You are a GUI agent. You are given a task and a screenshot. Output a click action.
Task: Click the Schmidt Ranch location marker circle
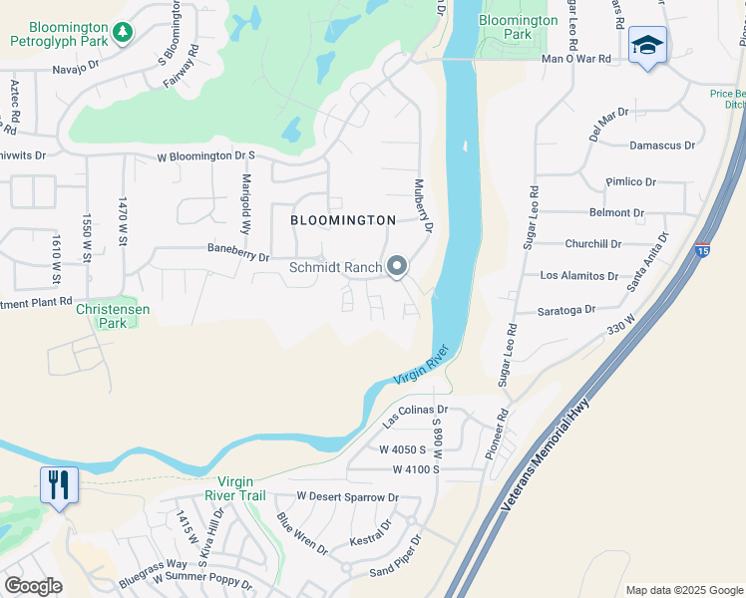click(x=397, y=266)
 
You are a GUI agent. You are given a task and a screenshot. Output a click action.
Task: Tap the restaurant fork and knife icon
click(x=58, y=485)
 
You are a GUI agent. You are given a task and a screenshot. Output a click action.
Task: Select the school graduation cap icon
click(x=647, y=46)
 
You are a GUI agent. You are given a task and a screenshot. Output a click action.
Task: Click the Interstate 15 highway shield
click(x=703, y=251)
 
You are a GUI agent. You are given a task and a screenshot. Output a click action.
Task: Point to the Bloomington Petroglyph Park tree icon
click(x=123, y=33)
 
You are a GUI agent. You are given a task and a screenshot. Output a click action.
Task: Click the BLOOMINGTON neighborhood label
click(x=343, y=219)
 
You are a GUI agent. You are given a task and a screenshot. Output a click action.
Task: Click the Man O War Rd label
click(x=575, y=59)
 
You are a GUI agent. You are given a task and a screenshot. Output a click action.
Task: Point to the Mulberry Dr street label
click(x=424, y=206)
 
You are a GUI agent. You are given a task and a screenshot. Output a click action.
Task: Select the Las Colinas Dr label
click(x=416, y=415)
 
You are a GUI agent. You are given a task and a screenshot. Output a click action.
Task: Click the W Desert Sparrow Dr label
click(x=347, y=496)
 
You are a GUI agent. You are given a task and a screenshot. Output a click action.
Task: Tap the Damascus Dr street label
click(x=662, y=146)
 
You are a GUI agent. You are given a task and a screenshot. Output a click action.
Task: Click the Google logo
click(x=33, y=586)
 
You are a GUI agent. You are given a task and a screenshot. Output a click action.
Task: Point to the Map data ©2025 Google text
click(x=682, y=590)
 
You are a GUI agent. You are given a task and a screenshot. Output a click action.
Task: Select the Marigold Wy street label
click(x=245, y=200)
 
